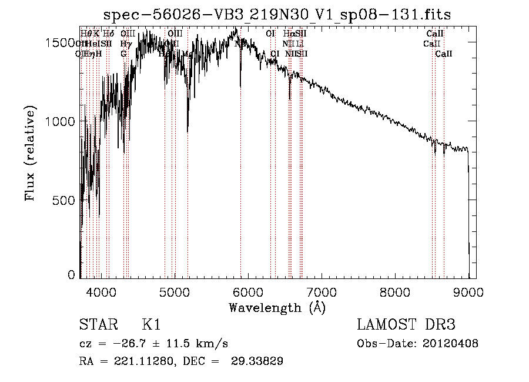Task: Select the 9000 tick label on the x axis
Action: pos(468,291)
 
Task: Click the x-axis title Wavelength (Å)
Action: pos(277,307)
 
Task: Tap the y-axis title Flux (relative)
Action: pos(30,154)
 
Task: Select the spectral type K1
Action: pos(151,325)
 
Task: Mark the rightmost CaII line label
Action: pos(444,54)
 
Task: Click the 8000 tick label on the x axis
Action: pos(395,291)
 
